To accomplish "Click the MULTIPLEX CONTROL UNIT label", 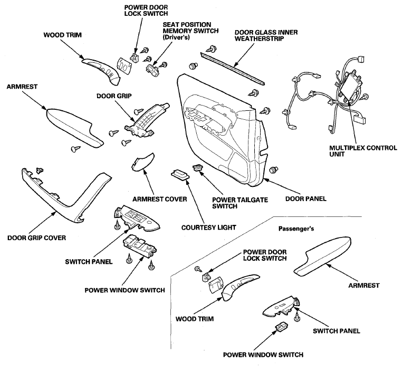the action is (x=363, y=151).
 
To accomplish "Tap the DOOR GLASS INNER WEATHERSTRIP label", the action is (x=266, y=35).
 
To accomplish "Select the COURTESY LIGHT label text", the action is (x=208, y=227).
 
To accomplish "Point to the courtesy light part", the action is (x=180, y=175).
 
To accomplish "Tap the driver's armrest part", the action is (x=74, y=128).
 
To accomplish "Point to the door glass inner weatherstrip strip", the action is (x=232, y=68).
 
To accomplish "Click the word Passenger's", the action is (x=296, y=229).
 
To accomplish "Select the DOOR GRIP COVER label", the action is (x=36, y=238).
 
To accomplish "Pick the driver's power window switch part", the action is (x=140, y=246).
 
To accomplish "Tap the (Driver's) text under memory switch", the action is (x=176, y=37).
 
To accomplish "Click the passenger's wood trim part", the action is (x=240, y=287).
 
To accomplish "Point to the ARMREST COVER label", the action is (x=159, y=199).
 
